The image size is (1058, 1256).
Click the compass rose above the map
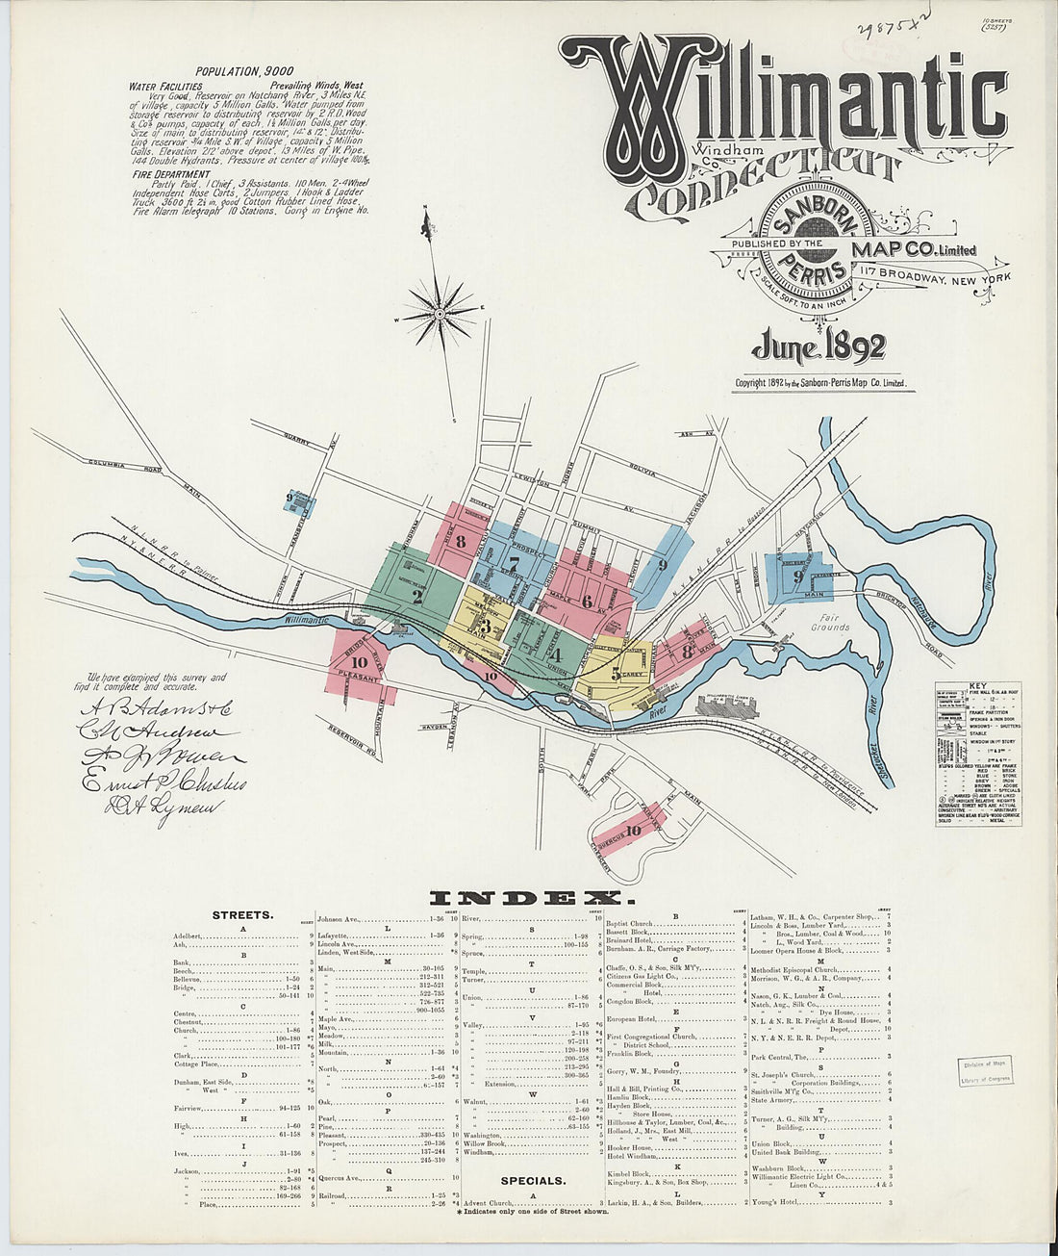coord(440,312)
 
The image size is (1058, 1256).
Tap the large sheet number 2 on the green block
coord(416,595)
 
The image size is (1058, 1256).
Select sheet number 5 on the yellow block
coord(615,674)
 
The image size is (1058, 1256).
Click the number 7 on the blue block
coord(515,563)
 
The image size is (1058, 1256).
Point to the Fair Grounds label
coord(829,622)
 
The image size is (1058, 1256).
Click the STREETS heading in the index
coord(242,915)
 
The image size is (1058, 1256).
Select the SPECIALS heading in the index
coord(532,1179)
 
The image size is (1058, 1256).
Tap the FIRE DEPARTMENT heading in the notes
coord(170,175)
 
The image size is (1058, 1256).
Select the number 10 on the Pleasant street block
coord(360,662)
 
